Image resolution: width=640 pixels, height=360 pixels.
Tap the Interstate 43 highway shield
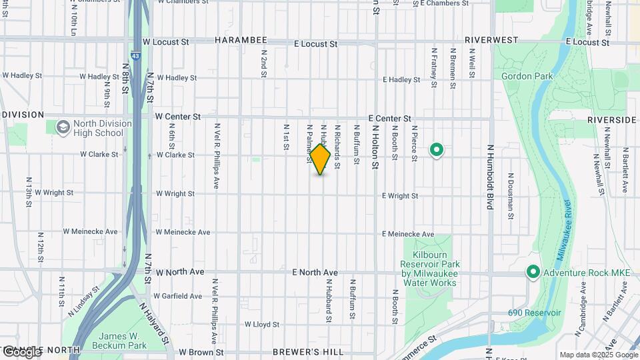pyautogui.click(x=135, y=57)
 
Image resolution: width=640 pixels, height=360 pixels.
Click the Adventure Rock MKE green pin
pyautogui.click(x=533, y=272)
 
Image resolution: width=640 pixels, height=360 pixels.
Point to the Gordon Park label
pyautogui.click(x=527, y=77)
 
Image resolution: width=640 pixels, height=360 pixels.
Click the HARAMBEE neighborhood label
pyautogui.click(x=241, y=41)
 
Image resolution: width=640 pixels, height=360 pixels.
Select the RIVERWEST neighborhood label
pyautogui.click(x=491, y=40)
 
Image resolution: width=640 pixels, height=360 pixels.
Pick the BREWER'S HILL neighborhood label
pyautogui.click(x=308, y=352)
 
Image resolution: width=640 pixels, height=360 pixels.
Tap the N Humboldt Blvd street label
pyautogui.click(x=489, y=177)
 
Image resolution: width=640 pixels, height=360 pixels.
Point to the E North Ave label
pyautogui.click(x=315, y=273)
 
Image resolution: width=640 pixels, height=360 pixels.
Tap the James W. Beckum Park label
pyautogui.click(x=123, y=341)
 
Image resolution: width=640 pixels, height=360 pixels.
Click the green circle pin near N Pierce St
pyautogui.click(x=437, y=150)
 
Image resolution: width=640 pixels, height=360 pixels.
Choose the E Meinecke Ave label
pyautogui.click(x=408, y=235)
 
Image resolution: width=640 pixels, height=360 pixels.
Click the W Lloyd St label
pyautogui.click(x=261, y=325)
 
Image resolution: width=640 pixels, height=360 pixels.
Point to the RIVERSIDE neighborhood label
pyautogui.click(x=611, y=120)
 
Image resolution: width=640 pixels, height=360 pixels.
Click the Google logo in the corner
pyautogui.click(x=21, y=351)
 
